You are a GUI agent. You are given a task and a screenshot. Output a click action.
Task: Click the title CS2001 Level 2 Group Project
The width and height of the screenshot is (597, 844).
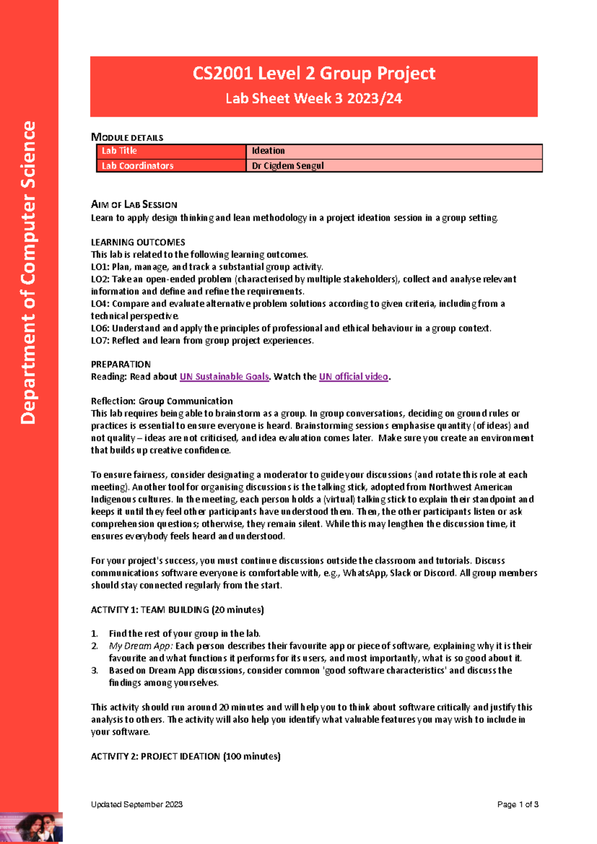coord(314,74)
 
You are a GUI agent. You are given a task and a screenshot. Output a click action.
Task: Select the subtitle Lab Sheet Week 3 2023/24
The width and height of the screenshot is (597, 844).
coord(313,99)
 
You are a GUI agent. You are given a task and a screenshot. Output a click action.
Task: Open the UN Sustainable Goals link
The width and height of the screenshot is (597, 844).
coord(224,377)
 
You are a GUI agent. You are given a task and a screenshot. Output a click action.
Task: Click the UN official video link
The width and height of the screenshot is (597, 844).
coord(353,377)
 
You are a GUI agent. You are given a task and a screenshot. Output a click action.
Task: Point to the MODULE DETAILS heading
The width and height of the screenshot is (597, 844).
coord(127,137)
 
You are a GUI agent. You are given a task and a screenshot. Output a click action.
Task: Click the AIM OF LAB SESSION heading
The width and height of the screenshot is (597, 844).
coord(134,205)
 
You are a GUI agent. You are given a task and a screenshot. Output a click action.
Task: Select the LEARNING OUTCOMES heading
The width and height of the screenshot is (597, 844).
coord(138,242)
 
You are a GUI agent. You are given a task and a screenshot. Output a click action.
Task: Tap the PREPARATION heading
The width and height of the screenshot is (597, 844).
coord(121,364)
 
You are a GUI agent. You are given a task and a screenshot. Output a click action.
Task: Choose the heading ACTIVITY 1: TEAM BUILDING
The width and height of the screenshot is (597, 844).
coord(177,610)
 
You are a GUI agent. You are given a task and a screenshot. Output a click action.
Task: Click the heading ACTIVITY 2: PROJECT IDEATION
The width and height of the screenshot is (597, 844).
coord(186,756)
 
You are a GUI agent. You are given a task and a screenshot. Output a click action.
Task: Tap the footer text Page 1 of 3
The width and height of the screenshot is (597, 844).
coord(518,804)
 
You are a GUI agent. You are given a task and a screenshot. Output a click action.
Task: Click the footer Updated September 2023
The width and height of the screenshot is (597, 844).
coord(137,804)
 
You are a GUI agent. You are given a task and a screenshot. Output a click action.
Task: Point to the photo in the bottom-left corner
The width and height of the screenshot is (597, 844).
coord(31,828)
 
